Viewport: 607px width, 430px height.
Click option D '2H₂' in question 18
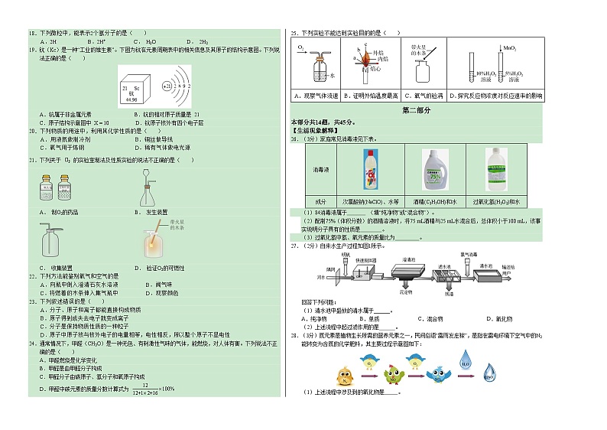click(x=203, y=41)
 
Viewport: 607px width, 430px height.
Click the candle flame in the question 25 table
click(x=363, y=61)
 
